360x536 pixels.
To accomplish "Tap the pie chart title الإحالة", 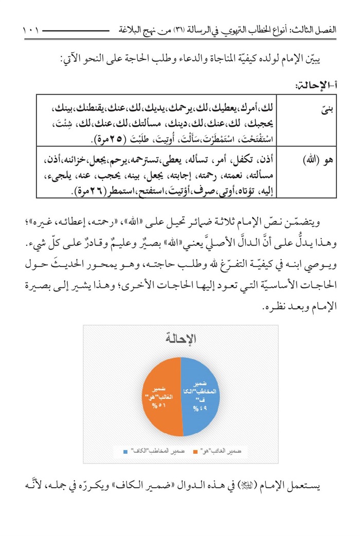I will [181, 339].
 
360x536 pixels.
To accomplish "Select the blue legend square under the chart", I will [125, 452].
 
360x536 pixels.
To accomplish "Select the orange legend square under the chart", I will [195, 452].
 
